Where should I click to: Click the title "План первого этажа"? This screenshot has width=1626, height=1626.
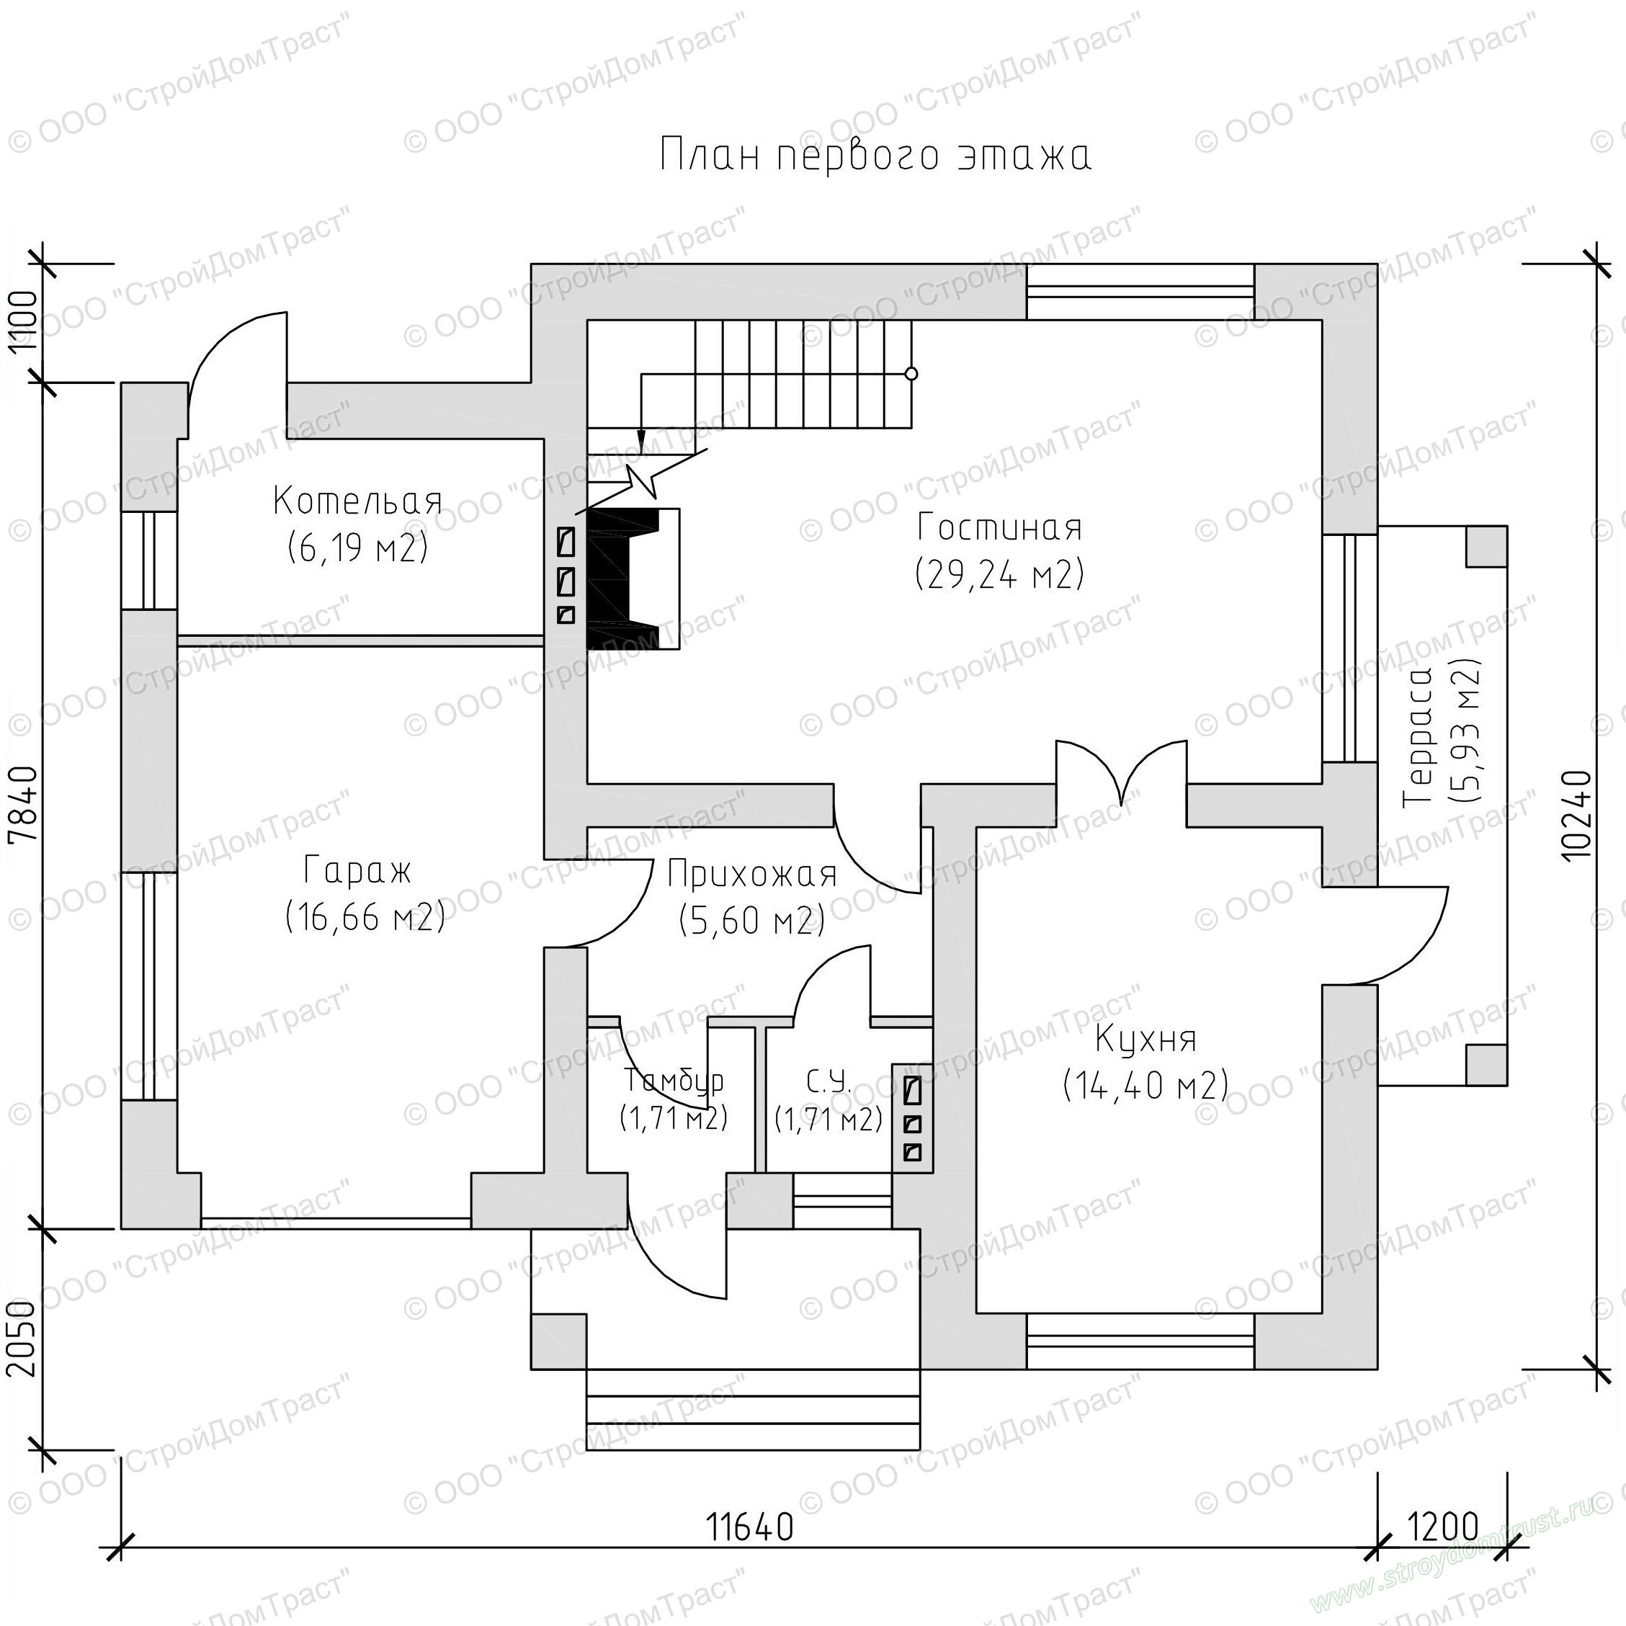875,156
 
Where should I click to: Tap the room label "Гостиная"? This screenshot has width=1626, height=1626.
1000,527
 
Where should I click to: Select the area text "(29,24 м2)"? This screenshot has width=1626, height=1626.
1000,574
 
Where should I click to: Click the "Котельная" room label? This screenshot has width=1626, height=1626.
357,501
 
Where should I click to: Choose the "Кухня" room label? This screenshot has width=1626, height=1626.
1145,1040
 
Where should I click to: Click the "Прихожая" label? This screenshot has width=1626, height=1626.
752,875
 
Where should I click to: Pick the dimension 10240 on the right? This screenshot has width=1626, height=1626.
1576,815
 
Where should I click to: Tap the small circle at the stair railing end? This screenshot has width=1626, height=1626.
911,374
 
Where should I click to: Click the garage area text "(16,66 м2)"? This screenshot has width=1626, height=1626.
365,916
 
